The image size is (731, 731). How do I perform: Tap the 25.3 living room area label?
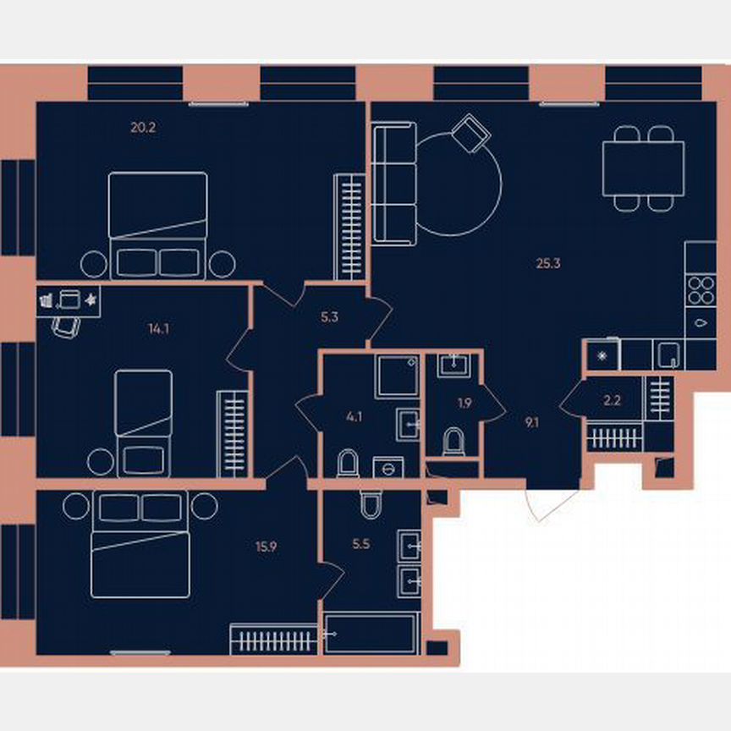click(x=548, y=263)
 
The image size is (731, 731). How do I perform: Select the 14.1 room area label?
click(x=158, y=329)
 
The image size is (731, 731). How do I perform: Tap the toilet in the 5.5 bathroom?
click(x=370, y=505)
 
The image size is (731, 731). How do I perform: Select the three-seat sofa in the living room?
click(x=394, y=181)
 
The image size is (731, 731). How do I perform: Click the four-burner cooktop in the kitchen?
click(x=701, y=291)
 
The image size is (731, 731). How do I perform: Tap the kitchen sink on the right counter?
click(x=701, y=322)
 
